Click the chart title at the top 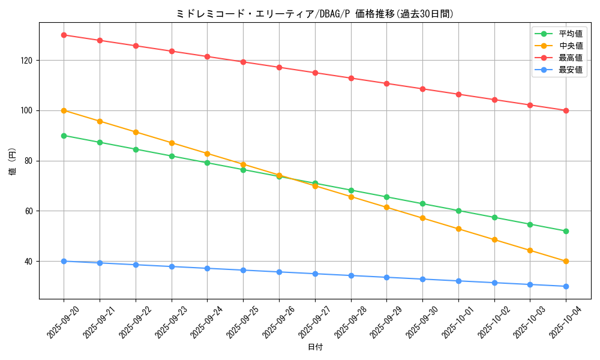(x=314, y=14)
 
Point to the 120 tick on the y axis (x=28, y=61)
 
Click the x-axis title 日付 (x=315, y=347)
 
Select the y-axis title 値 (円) (x=13, y=162)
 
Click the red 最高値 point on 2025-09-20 (x=64, y=35)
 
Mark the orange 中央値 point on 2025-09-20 (x=64, y=110)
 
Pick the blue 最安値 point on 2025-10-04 (x=566, y=286)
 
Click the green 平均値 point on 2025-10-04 (x=566, y=231)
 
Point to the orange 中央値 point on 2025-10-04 (x=566, y=261)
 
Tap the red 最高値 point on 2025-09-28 (x=351, y=78)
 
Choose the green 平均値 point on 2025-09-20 (x=64, y=136)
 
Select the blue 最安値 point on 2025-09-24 (x=207, y=268)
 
